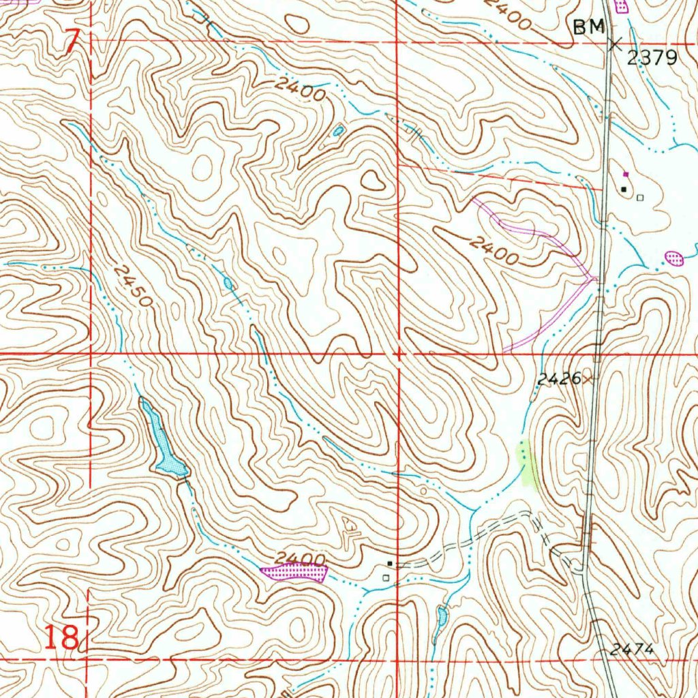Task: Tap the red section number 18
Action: (61, 639)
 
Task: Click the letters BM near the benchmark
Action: (590, 27)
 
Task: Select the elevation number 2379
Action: (652, 58)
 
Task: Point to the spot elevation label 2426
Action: (558, 379)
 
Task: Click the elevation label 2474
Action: (632, 650)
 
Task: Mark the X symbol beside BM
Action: (615, 44)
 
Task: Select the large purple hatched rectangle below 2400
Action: (294, 572)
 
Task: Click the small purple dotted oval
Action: (673, 258)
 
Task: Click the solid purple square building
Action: (626, 174)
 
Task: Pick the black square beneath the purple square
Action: (624, 188)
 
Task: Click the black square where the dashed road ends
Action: (389, 564)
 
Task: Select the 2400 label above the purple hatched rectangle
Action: (300, 559)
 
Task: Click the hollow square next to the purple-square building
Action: (639, 198)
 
